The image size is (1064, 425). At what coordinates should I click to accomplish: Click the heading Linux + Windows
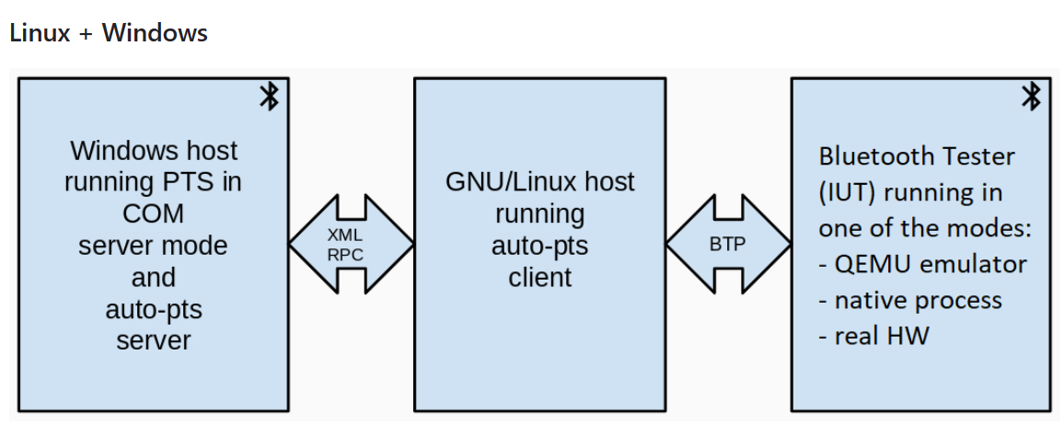coord(109,33)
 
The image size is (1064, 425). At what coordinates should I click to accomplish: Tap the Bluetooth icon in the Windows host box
coord(269,97)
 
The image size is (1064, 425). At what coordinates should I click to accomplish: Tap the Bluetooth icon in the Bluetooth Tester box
coord(1031,97)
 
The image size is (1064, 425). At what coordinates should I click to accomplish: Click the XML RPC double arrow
coord(352,245)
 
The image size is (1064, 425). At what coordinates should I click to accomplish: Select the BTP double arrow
coord(728,245)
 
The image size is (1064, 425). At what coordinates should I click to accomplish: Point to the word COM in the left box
coord(153,213)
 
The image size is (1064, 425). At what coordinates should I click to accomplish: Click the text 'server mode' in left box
coord(153,246)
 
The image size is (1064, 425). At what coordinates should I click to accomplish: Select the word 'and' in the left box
coord(153,277)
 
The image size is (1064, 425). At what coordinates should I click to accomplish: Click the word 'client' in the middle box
coord(540,277)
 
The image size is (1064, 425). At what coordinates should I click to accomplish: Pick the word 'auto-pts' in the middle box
coord(540,246)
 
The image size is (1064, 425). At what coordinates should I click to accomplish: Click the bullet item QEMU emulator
coord(922,264)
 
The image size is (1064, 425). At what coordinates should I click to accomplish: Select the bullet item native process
coord(909,300)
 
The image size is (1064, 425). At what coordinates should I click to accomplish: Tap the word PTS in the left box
coord(196,182)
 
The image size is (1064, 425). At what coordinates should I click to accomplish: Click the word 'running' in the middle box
coord(540,213)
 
